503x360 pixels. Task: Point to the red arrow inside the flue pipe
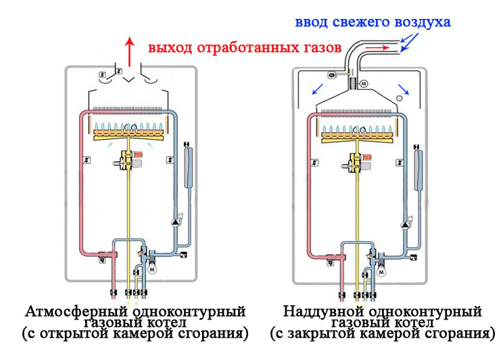[x=379, y=49]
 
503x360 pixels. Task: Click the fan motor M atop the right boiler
[x=363, y=84]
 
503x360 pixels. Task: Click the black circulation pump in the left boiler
[x=177, y=219]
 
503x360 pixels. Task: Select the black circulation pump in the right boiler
[x=408, y=219]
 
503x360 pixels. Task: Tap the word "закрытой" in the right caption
[x=315, y=334]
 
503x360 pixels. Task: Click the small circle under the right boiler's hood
[x=400, y=99]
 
